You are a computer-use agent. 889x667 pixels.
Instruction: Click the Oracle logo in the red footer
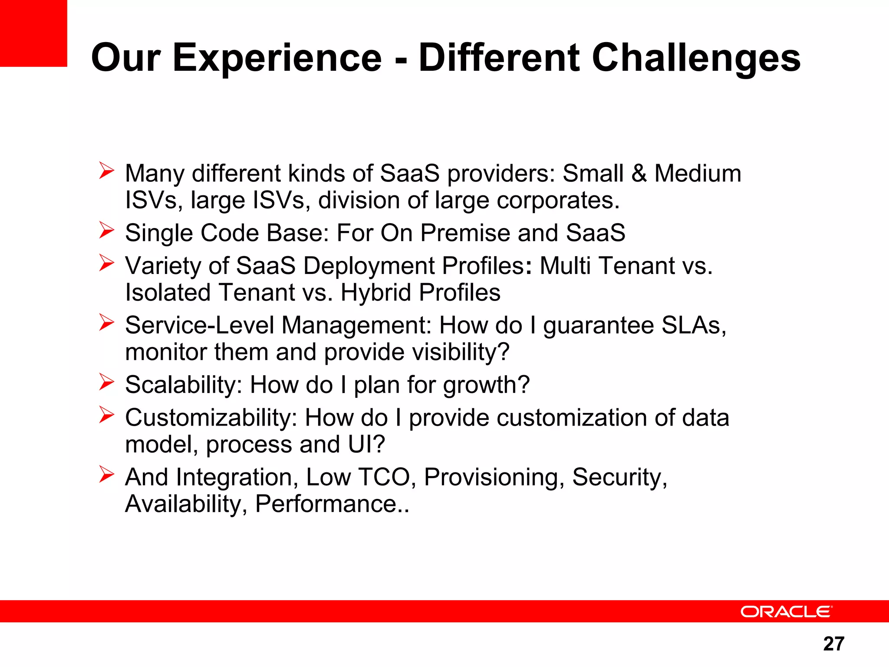pos(786,612)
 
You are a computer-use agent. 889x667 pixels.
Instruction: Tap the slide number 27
pos(833,644)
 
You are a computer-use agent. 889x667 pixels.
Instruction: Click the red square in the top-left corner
pos(33,33)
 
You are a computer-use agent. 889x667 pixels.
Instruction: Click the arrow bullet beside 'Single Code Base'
pos(106,230)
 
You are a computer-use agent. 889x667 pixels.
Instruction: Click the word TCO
pos(384,477)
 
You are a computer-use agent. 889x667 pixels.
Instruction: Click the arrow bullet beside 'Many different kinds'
pos(106,171)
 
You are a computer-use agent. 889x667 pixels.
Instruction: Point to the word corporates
pos(558,200)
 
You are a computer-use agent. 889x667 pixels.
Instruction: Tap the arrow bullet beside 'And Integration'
pos(106,474)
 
